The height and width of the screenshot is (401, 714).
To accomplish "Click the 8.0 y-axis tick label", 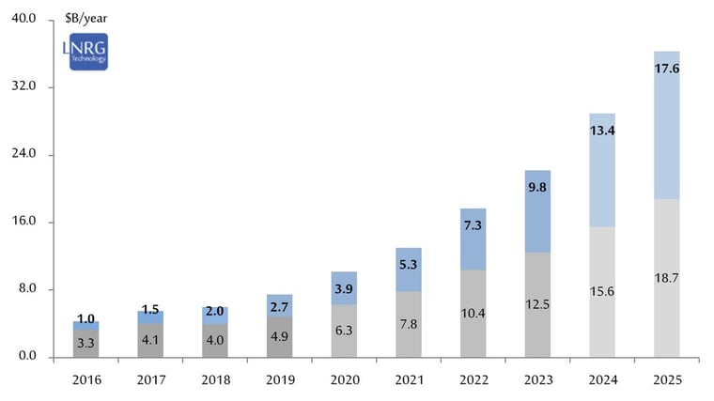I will coord(24,289).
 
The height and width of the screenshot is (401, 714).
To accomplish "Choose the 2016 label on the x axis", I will coord(86,380).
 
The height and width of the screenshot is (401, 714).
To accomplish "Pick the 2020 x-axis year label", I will coord(343,380).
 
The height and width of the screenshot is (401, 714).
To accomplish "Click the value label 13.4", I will coord(601,131).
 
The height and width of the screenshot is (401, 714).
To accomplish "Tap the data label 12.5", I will coord(537,304).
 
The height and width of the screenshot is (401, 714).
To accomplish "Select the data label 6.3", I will coord(344,330).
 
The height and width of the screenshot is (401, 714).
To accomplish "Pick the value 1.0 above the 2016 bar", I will coord(86,318).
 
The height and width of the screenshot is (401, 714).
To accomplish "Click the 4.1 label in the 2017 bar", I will coord(150,339).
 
